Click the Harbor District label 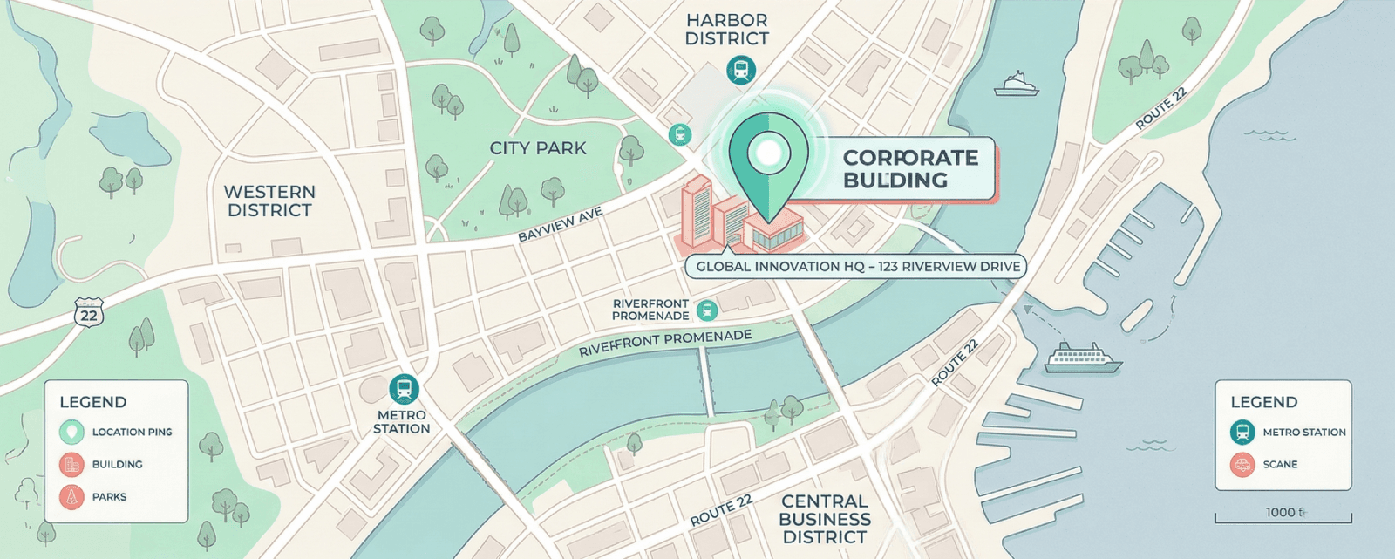tap(726, 29)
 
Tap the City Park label tap(538, 148)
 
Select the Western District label tap(269, 201)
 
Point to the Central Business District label tap(824, 519)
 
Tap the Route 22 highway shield tap(89, 314)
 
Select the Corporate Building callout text tap(909, 169)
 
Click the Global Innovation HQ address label tap(857, 267)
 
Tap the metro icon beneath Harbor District tap(741, 70)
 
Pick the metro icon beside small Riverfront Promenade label tap(706, 310)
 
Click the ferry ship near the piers tap(1082, 358)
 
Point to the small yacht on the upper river tap(1016, 85)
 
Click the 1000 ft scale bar tap(1283, 517)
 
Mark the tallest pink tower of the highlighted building tap(697, 209)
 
